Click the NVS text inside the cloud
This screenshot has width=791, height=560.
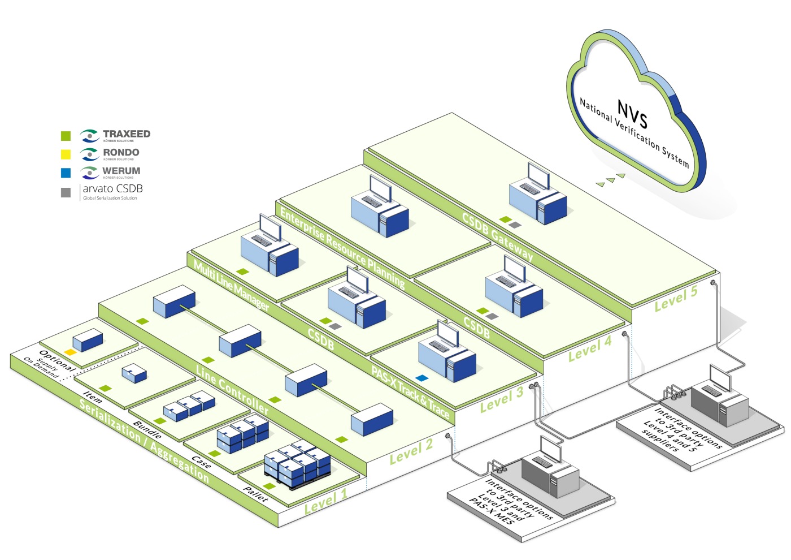[x=632, y=114]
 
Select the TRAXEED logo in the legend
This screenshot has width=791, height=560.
[x=115, y=136]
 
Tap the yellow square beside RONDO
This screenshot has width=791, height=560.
[x=66, y=154]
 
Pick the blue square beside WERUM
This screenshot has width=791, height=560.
[x=66, y=173]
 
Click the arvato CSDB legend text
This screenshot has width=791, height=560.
[x=112, y=189]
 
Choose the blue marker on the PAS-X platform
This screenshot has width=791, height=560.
[x=421, y=377]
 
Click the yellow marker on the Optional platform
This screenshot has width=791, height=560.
[x=70, y=352]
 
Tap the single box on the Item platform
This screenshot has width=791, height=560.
[x=134, y=373]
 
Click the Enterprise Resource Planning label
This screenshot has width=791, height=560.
[x=342, y=248]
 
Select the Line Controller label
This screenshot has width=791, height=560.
[x=232, y=389]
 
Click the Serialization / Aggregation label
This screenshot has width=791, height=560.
[x=144, y=441]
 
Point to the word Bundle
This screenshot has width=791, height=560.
[x=147, y=430]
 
